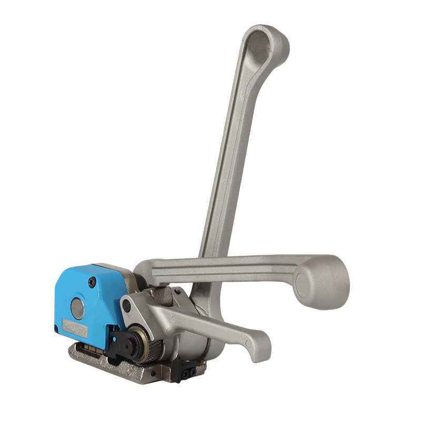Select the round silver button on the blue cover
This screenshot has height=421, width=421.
(77, 308)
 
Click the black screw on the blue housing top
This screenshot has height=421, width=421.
(93, 283)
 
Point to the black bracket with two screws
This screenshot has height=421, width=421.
(185, 371)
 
